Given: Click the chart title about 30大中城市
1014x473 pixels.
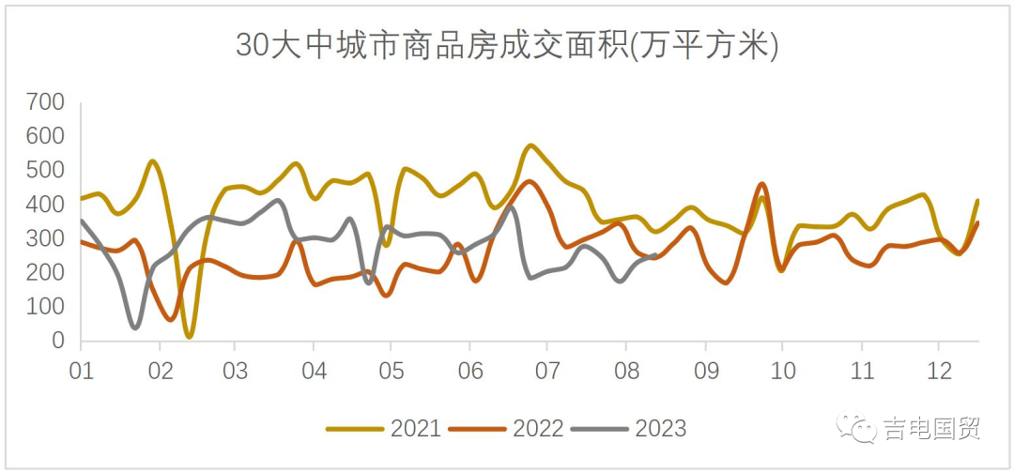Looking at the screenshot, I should (507, 45).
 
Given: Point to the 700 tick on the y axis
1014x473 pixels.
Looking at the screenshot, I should (45, 102).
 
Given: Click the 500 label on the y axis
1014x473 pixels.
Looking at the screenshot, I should (45, 171).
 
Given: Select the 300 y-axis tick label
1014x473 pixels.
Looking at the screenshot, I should (45, 238).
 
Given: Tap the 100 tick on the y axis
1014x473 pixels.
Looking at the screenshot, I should (45, 307).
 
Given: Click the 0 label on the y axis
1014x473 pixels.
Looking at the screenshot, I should (58, 342).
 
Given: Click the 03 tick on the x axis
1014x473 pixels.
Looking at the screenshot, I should (237, 370).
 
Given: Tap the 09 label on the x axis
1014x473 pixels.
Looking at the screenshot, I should (704, 370).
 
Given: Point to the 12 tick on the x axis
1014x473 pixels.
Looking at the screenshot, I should (938, 370).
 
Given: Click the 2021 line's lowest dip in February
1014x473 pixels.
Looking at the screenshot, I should (190, 335).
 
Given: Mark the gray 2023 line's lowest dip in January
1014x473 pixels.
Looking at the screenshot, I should (135, 328).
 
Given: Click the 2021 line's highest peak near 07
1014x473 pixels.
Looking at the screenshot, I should (531, 145).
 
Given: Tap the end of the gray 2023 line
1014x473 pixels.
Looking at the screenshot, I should (654, 255).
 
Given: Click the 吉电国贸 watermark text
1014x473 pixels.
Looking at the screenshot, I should (931, 429).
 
